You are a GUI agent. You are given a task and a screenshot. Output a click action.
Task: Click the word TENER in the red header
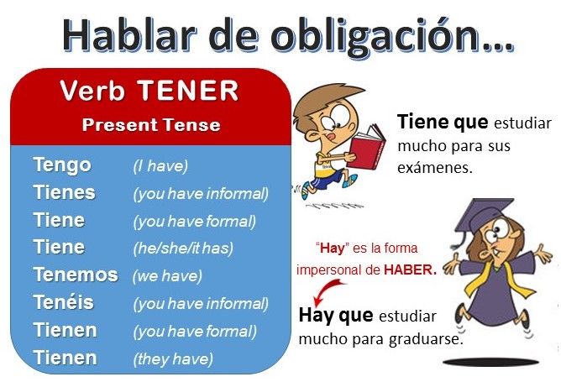pyautogui.click(x=188, y=91)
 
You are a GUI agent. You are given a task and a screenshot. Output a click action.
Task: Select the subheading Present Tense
pyautogui.click(x=151, y=125)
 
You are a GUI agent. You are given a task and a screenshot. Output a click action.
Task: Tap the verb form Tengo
pyautogui.click(x=62, y=165)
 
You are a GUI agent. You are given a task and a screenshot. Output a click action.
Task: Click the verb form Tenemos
pyautogui.click(x=76, y=275)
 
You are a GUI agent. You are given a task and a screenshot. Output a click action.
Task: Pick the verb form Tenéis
pyautogui.click(x=64, y=302)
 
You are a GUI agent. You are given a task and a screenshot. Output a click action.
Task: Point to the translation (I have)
pyautogui.click(x=160, y=166)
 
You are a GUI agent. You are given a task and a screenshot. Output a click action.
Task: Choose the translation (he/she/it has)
pyautogui.click(x=183, y=249)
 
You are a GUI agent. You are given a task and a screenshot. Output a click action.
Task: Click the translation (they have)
pyautogui.click(x=173, y=358)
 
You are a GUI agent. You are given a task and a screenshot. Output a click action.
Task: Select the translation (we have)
pyautogui.click(x=167, y=275)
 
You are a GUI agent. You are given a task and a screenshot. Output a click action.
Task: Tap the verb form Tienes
pyautogui.click(x=65, y=193)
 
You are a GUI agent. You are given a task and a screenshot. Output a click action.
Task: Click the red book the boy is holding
pyautogui.click(x=366, y=147)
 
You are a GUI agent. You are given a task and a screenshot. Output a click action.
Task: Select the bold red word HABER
pyautogui.click(x=410, y=270)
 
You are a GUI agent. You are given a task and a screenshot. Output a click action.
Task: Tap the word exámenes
pyautogui.click(x=435, y=167)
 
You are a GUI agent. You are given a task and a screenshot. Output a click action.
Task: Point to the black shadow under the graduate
pyautogui.click(x=490, y=362)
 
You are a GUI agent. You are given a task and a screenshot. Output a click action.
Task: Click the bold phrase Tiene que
pyautogui.click(x=443, y=122)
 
